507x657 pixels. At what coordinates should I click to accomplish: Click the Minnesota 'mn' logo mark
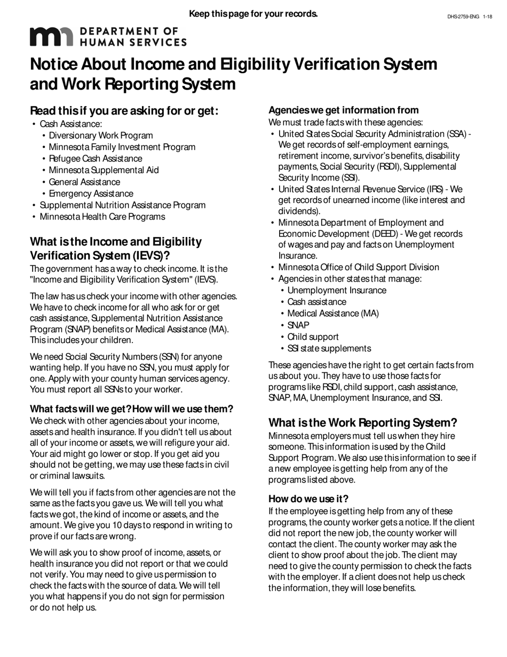tap(51, 36)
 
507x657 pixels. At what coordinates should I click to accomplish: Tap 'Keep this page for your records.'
tap(253, 13)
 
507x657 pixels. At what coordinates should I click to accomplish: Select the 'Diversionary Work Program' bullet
tap(101, 136)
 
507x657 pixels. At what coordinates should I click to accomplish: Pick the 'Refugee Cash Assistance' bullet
tap(96, 159)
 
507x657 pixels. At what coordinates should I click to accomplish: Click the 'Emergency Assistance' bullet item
tap(91, 193)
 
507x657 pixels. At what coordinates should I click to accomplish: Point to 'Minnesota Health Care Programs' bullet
tap(102, 217)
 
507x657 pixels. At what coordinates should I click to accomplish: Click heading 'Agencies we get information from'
tap(343, 110)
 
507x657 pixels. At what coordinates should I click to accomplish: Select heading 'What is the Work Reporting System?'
tap(362, 423)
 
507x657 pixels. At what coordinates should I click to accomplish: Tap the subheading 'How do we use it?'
tap(308, 499)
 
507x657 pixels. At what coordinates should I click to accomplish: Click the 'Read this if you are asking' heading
tap(124, 111)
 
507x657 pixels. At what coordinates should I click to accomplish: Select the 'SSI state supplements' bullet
tap(329, 349)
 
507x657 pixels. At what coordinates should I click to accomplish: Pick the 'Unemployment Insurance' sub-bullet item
tap(337, 291)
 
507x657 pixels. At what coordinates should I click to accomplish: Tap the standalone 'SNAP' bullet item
tap(298, 325)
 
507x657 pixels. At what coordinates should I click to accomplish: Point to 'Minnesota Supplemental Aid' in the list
tap(104, 170)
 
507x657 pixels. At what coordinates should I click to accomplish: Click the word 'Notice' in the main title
tap(60, 65)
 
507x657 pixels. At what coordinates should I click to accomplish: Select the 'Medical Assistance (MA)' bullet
tap(333, 314)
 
